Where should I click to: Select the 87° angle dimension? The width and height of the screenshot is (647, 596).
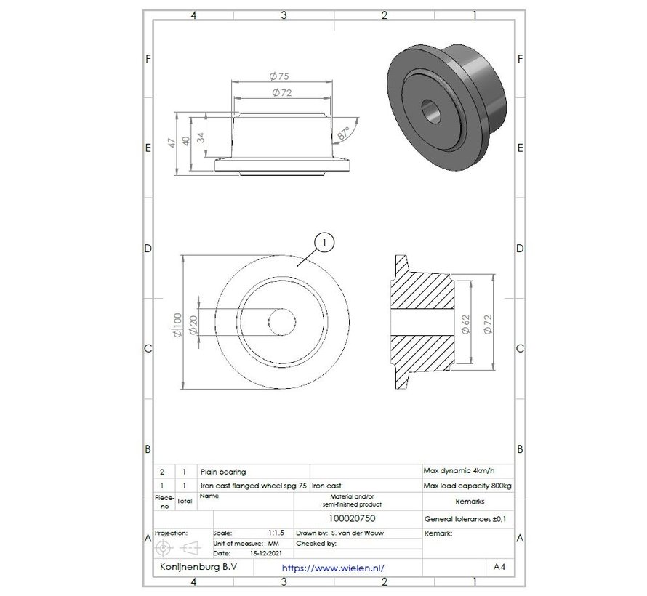point(343,132)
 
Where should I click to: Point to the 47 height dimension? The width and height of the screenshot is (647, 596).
point(172,142)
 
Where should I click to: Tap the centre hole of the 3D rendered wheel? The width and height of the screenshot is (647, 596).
point(431,109)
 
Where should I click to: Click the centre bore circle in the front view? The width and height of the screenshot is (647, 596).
point(281,323)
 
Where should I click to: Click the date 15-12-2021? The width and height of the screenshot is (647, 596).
point(265,553)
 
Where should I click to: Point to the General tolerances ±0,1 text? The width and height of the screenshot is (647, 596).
point(464,519)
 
